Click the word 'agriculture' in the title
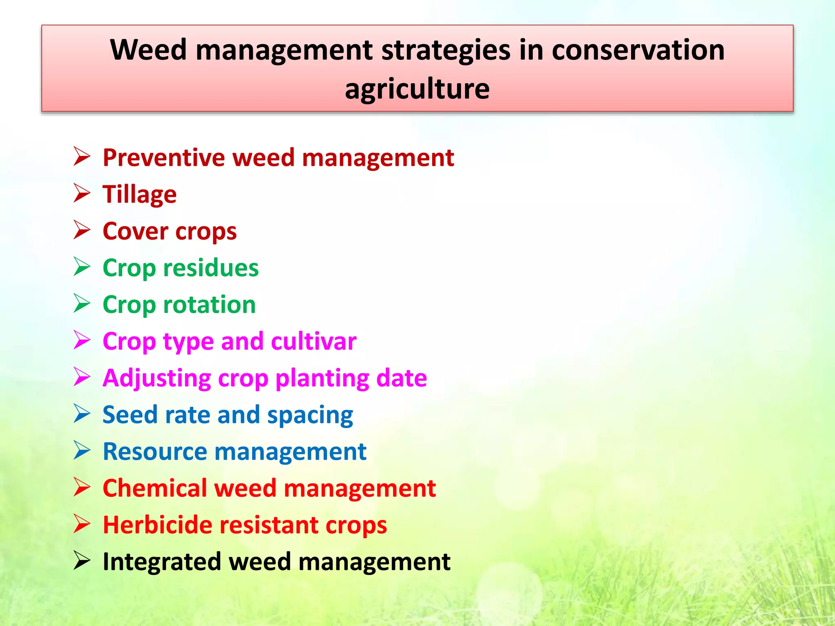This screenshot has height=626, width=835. click(x=417, y=90)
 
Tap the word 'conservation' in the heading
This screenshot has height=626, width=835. click(x=638, y=50)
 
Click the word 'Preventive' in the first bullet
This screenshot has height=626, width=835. click(x=163, y=158)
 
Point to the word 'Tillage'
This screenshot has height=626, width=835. click(x=139, y=195)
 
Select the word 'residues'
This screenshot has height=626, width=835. click(x=211, y=268)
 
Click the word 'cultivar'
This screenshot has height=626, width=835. click(x=314, y=342)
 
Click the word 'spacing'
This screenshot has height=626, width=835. click(x=310, y=416)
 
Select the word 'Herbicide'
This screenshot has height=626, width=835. click(x=157, y=525)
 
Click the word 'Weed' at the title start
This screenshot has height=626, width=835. click(x=148, y=50)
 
